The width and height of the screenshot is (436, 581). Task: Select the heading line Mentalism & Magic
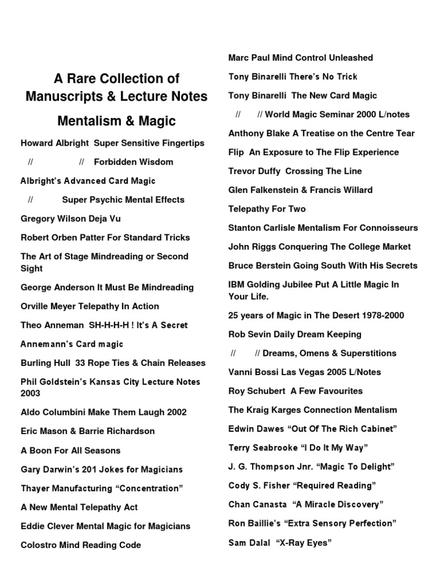coord(116,121)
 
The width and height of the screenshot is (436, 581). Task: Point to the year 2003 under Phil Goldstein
coord(31,393)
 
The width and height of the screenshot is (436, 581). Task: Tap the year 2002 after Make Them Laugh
coord(175,412)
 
